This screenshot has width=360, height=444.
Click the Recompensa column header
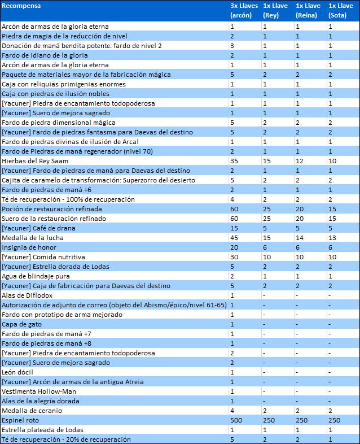[21, 6]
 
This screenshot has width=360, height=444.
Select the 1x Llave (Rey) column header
[275, 11]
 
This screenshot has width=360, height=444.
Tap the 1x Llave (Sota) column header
[341, 11]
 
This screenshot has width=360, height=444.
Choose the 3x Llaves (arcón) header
[244, 11]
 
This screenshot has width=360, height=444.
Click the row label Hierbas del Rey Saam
[35, 161]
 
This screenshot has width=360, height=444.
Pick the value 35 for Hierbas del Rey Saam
[234, 161]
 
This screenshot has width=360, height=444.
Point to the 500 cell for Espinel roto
[236, 420]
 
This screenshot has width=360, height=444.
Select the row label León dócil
[17, 372]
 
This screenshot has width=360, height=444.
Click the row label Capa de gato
[22, 324]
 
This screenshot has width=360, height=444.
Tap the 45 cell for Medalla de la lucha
[234, 238]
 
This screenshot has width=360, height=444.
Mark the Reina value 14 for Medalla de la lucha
[300, 238]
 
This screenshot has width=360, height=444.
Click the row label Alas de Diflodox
[27, 295]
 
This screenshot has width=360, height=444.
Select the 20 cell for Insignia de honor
[234, 247]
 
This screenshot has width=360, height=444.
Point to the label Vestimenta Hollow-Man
[39, 391]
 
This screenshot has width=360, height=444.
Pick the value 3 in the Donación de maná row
[232, 46]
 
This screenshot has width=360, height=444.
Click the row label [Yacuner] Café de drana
[38, 228]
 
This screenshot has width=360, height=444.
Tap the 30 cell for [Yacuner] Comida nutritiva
[234, 257]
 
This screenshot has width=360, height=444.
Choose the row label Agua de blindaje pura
[36, 276]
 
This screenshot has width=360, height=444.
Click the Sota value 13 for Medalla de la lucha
[332, 238]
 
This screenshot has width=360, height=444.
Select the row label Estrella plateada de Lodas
[42, 430]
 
